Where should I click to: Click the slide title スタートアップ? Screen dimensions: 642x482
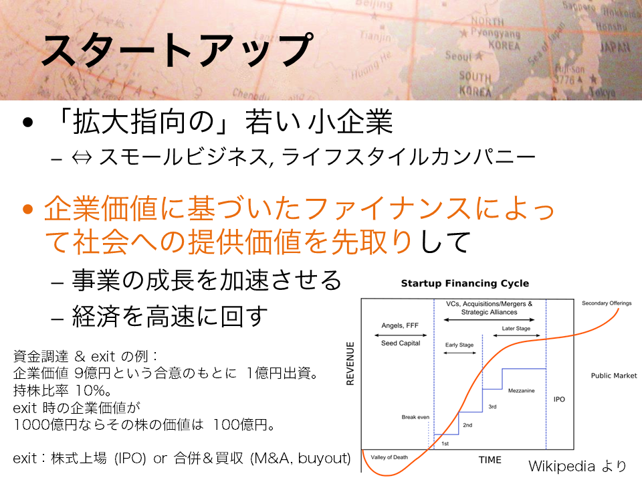click(177, 50)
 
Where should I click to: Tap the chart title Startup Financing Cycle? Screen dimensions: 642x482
click(465, 283)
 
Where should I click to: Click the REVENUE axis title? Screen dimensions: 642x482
click(350, 364)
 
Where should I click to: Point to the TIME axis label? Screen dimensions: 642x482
click(490, 460)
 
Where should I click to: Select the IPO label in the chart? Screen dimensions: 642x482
click(559, 399)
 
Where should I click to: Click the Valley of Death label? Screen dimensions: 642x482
click(389, 457)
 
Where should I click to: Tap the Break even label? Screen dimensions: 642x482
click(415, 417)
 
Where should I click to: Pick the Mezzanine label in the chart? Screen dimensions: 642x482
click(521, 390)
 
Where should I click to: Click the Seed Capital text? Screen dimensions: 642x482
click(401, 343)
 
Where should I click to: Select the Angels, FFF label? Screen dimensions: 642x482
click(400, 325)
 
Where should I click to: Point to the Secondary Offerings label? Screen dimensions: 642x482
click(607, 303)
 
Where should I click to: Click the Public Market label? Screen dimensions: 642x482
click(614, 376)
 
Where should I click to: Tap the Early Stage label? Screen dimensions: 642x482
click(459, 345)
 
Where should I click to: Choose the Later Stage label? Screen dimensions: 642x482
click(516, 328)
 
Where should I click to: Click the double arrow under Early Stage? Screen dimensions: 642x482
click(460, 353)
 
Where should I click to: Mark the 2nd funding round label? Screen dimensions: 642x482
click(467, 425)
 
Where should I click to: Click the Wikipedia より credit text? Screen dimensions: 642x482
click(577, 466)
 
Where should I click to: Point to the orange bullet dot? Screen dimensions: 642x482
click(28, 210)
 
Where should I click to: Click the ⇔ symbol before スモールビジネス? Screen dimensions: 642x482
click(82, 158)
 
